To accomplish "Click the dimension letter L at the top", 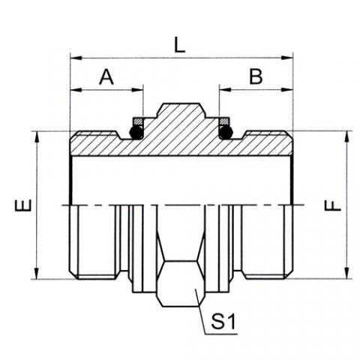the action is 179,45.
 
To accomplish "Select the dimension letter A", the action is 106,77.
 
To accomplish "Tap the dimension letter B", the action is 256,76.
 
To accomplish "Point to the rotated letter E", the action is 23,205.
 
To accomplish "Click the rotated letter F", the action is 332,205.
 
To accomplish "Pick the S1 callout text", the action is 223,322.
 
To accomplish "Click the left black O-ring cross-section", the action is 136,132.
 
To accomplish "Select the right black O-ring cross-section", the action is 226,132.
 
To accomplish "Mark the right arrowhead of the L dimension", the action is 287,58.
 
